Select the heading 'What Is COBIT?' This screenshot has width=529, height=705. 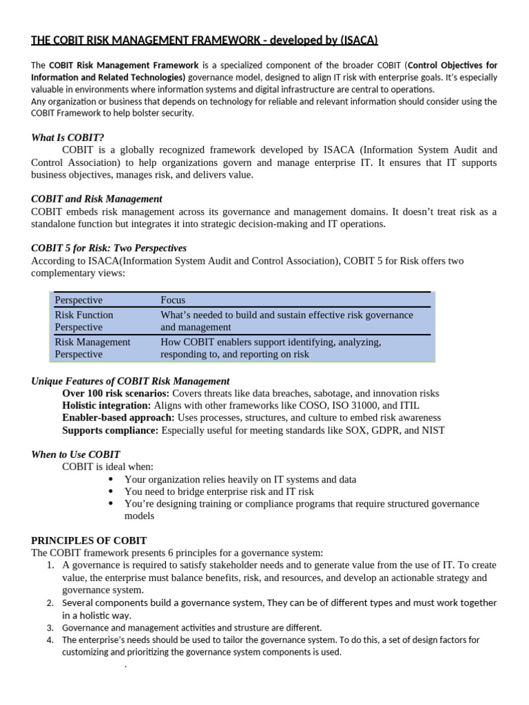pyautogui.click(x=68, y=138)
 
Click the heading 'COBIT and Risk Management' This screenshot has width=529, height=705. pyautogui.click(x=96, y=199)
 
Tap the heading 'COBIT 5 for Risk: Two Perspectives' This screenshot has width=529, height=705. pyautogui.click(x=109, y=248)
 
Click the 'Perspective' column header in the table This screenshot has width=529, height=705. pyautogui.click(x=79, y=300)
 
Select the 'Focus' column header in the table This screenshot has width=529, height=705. pyautogui.click(x=173, y=300)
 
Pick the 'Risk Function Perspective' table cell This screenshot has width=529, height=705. pyautogui.click(x=84, y=321)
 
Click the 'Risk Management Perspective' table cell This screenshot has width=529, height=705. pyautogui.click(x=92, y=348)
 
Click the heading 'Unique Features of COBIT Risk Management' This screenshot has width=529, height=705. pyautogui.click(x=130, y=381)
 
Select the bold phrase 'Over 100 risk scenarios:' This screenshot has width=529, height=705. pyautogui.click(x=119, y=393)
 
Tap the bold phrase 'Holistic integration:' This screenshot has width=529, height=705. pyautogui.click(x=107, y=406)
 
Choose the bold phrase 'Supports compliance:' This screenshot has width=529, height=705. pyautogui.click(x=110, y=430)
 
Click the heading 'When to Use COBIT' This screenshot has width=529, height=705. pyautogui.click(x=76, y=454)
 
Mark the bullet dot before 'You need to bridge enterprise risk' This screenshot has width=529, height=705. pyautogui.click(x=111, y=492)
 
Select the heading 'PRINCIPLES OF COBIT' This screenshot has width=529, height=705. pyautogui.click(x=89, y=540)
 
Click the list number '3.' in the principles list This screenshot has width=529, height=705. pyautogui.click(x=50, y=627)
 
